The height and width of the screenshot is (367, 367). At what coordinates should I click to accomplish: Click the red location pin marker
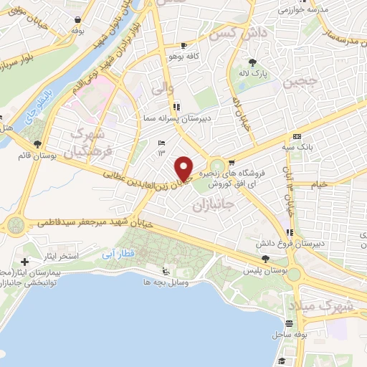click(x=184, y=168)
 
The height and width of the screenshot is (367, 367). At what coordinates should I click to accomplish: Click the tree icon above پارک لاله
click(x=252, y=62)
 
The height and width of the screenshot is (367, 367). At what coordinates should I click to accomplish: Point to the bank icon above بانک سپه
click(x=297, y=136)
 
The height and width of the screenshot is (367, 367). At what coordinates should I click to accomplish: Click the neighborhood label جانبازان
click(x=213, y=206)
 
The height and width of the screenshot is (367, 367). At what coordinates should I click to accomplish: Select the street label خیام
click(x=319, y=184)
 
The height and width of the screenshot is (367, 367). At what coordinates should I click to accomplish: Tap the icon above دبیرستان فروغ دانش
click(x=290, y=232)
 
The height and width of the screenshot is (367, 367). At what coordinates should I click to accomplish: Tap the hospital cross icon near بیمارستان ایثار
click(x=26, y=263)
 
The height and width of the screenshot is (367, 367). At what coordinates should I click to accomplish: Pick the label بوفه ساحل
click(x=290, y=335)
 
